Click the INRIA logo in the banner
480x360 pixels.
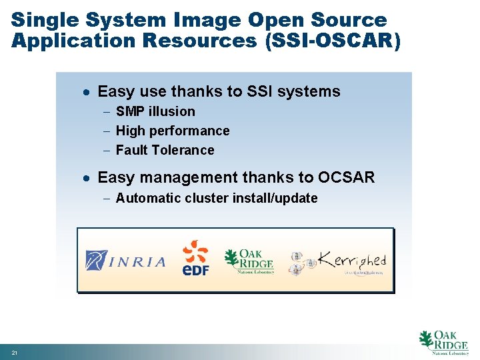125,259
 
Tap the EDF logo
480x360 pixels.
195,259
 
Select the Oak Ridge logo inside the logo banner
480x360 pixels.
249,261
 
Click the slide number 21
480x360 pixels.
14,351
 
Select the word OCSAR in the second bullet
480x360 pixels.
347,177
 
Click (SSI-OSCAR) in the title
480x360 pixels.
333,41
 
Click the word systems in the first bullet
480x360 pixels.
312,91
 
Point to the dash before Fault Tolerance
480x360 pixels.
108,150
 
